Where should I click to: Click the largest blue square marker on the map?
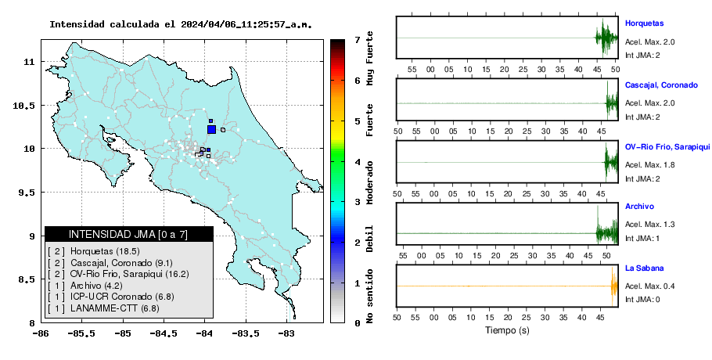[x=211, y=129]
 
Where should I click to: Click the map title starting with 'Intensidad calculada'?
[x=181, y=24]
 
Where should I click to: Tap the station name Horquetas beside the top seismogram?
[x=645, y=23]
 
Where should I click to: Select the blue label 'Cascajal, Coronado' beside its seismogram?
[x=661, y=85]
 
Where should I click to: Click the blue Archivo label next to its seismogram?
[x=639, y=207]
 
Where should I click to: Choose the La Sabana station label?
[x=645, y=268]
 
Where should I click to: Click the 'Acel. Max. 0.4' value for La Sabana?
[x=649, y=286]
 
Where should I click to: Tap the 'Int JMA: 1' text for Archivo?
[x=642, y=239]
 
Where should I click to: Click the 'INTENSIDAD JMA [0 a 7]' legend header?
[x=128, y=234]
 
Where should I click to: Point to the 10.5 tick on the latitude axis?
[x=23, y=106]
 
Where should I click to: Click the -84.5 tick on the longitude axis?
[x=163, y=334]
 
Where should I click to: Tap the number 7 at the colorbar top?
[x=358, y=40]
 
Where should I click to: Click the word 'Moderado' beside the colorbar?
[x=370, y=182]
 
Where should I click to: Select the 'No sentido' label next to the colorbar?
[x=370, y=296]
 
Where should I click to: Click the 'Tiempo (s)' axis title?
[x=507, y=330]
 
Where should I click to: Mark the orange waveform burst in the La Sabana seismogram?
[x=614, y=286]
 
